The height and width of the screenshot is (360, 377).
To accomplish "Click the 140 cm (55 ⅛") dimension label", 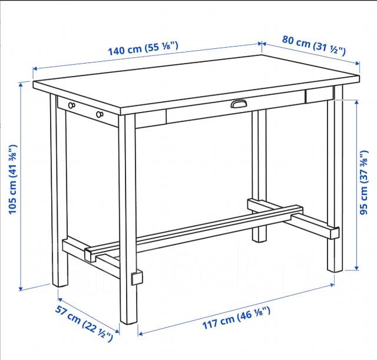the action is pos(143,48).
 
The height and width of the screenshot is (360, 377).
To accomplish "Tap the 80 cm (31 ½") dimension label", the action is pos(314,45).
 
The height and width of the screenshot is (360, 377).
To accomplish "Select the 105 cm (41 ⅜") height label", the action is pos(12,179).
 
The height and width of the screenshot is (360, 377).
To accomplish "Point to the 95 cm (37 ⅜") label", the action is pos(364,182).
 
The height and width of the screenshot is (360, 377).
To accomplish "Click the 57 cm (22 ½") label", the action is pos(84,323).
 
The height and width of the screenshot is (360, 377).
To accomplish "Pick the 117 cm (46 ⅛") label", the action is pos(237,318).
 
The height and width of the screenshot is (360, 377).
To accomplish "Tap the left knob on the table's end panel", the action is pos(72,105).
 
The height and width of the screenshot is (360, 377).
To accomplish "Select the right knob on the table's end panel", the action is pos(100,114).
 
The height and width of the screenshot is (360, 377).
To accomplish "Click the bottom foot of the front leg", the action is pos(128,321).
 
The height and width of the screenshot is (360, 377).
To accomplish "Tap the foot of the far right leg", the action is pos(335,269).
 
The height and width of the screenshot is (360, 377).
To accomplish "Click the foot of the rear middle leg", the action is pos(259,239).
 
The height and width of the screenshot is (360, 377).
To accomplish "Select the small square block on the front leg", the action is pos(137,278).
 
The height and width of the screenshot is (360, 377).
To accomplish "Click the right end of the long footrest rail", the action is pos(298,209).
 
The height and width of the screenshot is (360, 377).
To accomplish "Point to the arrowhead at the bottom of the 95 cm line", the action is pos(357,267).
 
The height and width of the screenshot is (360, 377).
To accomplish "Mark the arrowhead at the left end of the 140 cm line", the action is pos(35,69).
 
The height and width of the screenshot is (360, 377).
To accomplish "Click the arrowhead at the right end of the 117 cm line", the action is pos(332,285).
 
